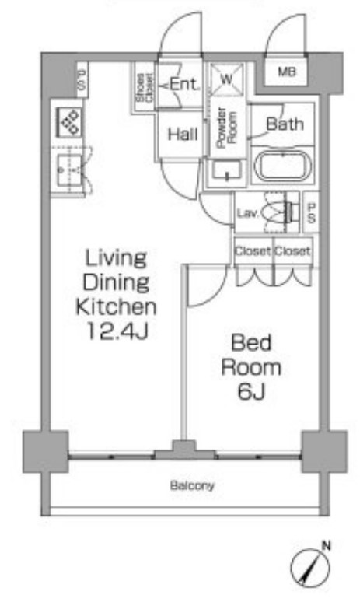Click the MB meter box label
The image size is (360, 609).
click(x=287, y=72)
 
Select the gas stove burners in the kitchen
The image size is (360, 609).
click(x=69, y=121)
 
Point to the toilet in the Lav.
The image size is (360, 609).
click(x=280, y=212)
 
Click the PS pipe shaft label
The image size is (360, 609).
click(x=311, y=212)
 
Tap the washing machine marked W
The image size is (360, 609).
click(x=227, y=79)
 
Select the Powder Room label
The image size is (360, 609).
click(x=226, y=128)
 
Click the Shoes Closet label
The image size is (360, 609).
click(x=145, y=88)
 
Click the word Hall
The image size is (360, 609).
click(x=183, y=135)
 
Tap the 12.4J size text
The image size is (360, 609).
click(x=117, y=331)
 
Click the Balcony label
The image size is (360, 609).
click(x=192, y=485)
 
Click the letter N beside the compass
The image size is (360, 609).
click(x=327, y=546)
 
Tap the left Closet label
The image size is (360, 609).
click(x=253, y=251)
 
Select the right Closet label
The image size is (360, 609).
click(x=292, y=251)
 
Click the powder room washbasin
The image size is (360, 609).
click(x=227, y=170)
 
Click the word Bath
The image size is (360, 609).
click(x=285, y=124)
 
